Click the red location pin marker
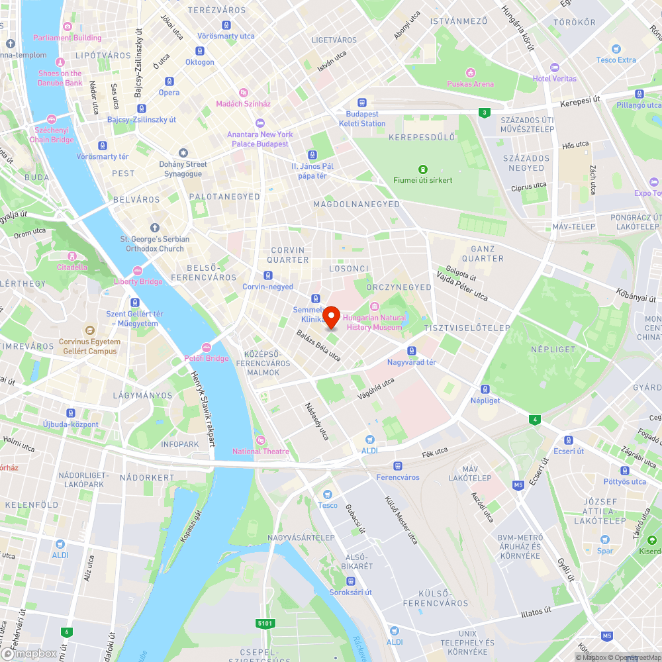[x=332, y=316]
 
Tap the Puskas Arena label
[x=470, y=84]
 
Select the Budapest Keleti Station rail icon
[x=362, y=103]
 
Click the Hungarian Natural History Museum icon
[x=374, y=307]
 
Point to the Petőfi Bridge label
[x=207, y=359]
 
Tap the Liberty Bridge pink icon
[x=138, y=270]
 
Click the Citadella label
[x=72, y=267]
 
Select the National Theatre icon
[x=261, y=440]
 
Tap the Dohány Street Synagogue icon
[x=183, y=153]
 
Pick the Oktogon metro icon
[x=199, y=51]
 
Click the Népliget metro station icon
[x=485, y=389]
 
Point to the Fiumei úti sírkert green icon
[x=422, y=169]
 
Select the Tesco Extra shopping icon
[x=616, y=49]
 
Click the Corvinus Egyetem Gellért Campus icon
[x=89, y=330]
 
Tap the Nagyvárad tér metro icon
[x=411, y=351]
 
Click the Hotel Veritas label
[x=555, y=79]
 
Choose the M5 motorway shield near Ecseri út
[x=518, y=486]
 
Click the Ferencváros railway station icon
[x=397, y=466]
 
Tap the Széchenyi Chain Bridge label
[x=52, y=135]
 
